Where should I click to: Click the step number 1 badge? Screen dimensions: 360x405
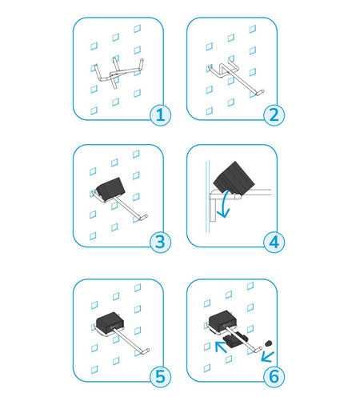tap(160, 115)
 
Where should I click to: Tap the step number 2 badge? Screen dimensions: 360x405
tap(274, 115)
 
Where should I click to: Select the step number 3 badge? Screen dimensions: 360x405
tap(160, 243)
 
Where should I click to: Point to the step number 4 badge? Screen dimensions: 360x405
tap(274, 243)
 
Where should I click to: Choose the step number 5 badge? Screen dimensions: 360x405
tap(160, 377)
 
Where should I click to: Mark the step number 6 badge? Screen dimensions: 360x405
tap(274, 377)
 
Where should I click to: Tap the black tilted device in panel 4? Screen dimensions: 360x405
tap(234, 178)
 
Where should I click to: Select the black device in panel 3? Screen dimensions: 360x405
tap(110, 189)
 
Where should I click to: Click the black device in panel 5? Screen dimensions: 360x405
tap(110, 323)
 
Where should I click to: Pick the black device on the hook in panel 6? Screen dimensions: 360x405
tap(223, 321)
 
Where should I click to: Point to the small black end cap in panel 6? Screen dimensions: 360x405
tap(268, 343)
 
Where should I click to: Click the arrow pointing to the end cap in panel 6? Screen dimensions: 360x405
tap(268, 357)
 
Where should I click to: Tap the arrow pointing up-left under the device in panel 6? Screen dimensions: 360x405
tap(221, 347)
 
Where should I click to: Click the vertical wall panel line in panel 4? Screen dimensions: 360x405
tap(207, 196)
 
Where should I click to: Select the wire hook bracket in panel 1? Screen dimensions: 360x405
tap(118, 73)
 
